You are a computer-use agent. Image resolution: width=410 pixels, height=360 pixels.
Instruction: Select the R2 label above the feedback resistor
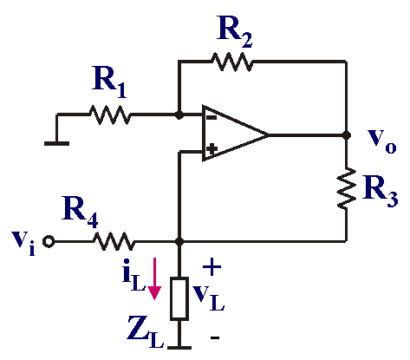pyautogui.click(x=234, y=32)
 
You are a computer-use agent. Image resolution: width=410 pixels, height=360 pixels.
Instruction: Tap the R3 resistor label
pyautogui.click(x=381, y=191)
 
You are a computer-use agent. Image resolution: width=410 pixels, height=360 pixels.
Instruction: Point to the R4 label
pyautogui.click(x=80, y=212)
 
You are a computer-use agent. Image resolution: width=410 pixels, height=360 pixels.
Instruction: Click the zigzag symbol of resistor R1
pyautogui.click(x=110, y=115)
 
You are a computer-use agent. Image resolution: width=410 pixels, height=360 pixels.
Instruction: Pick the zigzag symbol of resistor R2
pyautogui.click(x=232, y=62)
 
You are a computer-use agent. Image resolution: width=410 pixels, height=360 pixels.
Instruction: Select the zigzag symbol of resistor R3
pyautogui.click(x=347, y=188)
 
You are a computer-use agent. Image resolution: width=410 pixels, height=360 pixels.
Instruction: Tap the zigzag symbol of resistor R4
pyautogui.click(x=114, y=241)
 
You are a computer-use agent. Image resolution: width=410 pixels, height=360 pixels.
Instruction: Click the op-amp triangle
pyautogui.click(x=235, y=134)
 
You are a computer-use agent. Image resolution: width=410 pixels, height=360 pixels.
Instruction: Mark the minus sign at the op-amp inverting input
pyautogui.click(x=212, y=118)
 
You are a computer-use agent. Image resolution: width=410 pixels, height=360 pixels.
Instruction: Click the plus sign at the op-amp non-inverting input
pyautogui.click(x=212, y=149)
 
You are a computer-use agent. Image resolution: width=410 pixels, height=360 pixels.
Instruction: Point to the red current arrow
pyautogui.click(x=154, y=278)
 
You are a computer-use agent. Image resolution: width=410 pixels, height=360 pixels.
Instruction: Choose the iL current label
pyautogui.click(x=133, y=278)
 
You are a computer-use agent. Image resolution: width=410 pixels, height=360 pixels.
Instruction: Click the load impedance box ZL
pyautogui.click(x=179, y=298)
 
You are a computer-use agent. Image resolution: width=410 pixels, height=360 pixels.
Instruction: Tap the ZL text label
pyautogui.click(x=146, y=332)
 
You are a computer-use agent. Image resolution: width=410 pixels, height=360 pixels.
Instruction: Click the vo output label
pyautogui.click(x=382, y=141)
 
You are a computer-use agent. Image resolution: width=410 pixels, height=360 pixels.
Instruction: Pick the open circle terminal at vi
pyautogui.click(x=49, y=241)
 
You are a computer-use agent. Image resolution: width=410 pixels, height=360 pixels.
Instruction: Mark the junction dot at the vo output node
pyautogui.click(x=346, y=134)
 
